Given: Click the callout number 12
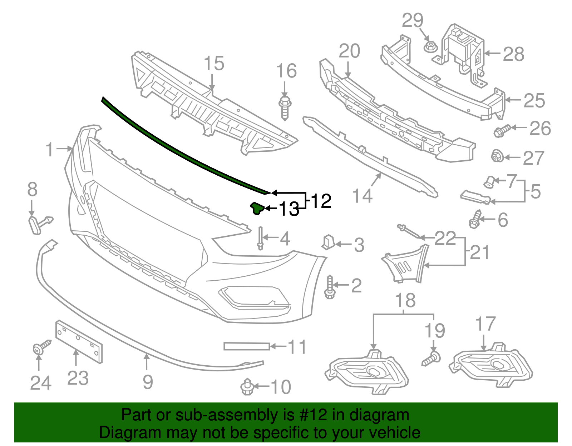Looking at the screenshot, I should pyautogui.click(x=321, y=201).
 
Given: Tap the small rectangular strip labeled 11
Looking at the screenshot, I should pyautogui.click(x=246, y=346).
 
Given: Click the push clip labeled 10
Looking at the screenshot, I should pyautogui.click(x=247, y=387).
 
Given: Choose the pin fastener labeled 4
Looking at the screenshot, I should pyautogui.click(x=260, y=238).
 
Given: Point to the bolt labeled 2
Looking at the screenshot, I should pyautogui.click(x=330, y=287).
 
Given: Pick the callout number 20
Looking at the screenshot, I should pyautogui.click(x=349, y=51).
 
